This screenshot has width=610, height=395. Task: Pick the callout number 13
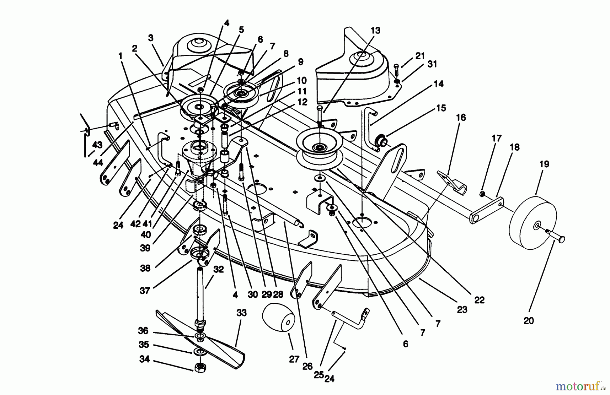tap(375, 30)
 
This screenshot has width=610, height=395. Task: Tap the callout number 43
tap(97, 145)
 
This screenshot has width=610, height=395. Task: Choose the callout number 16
tap(461, 118)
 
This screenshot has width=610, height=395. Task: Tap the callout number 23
tap(462, 309)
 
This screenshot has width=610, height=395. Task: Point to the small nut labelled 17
tap(482, 193)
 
